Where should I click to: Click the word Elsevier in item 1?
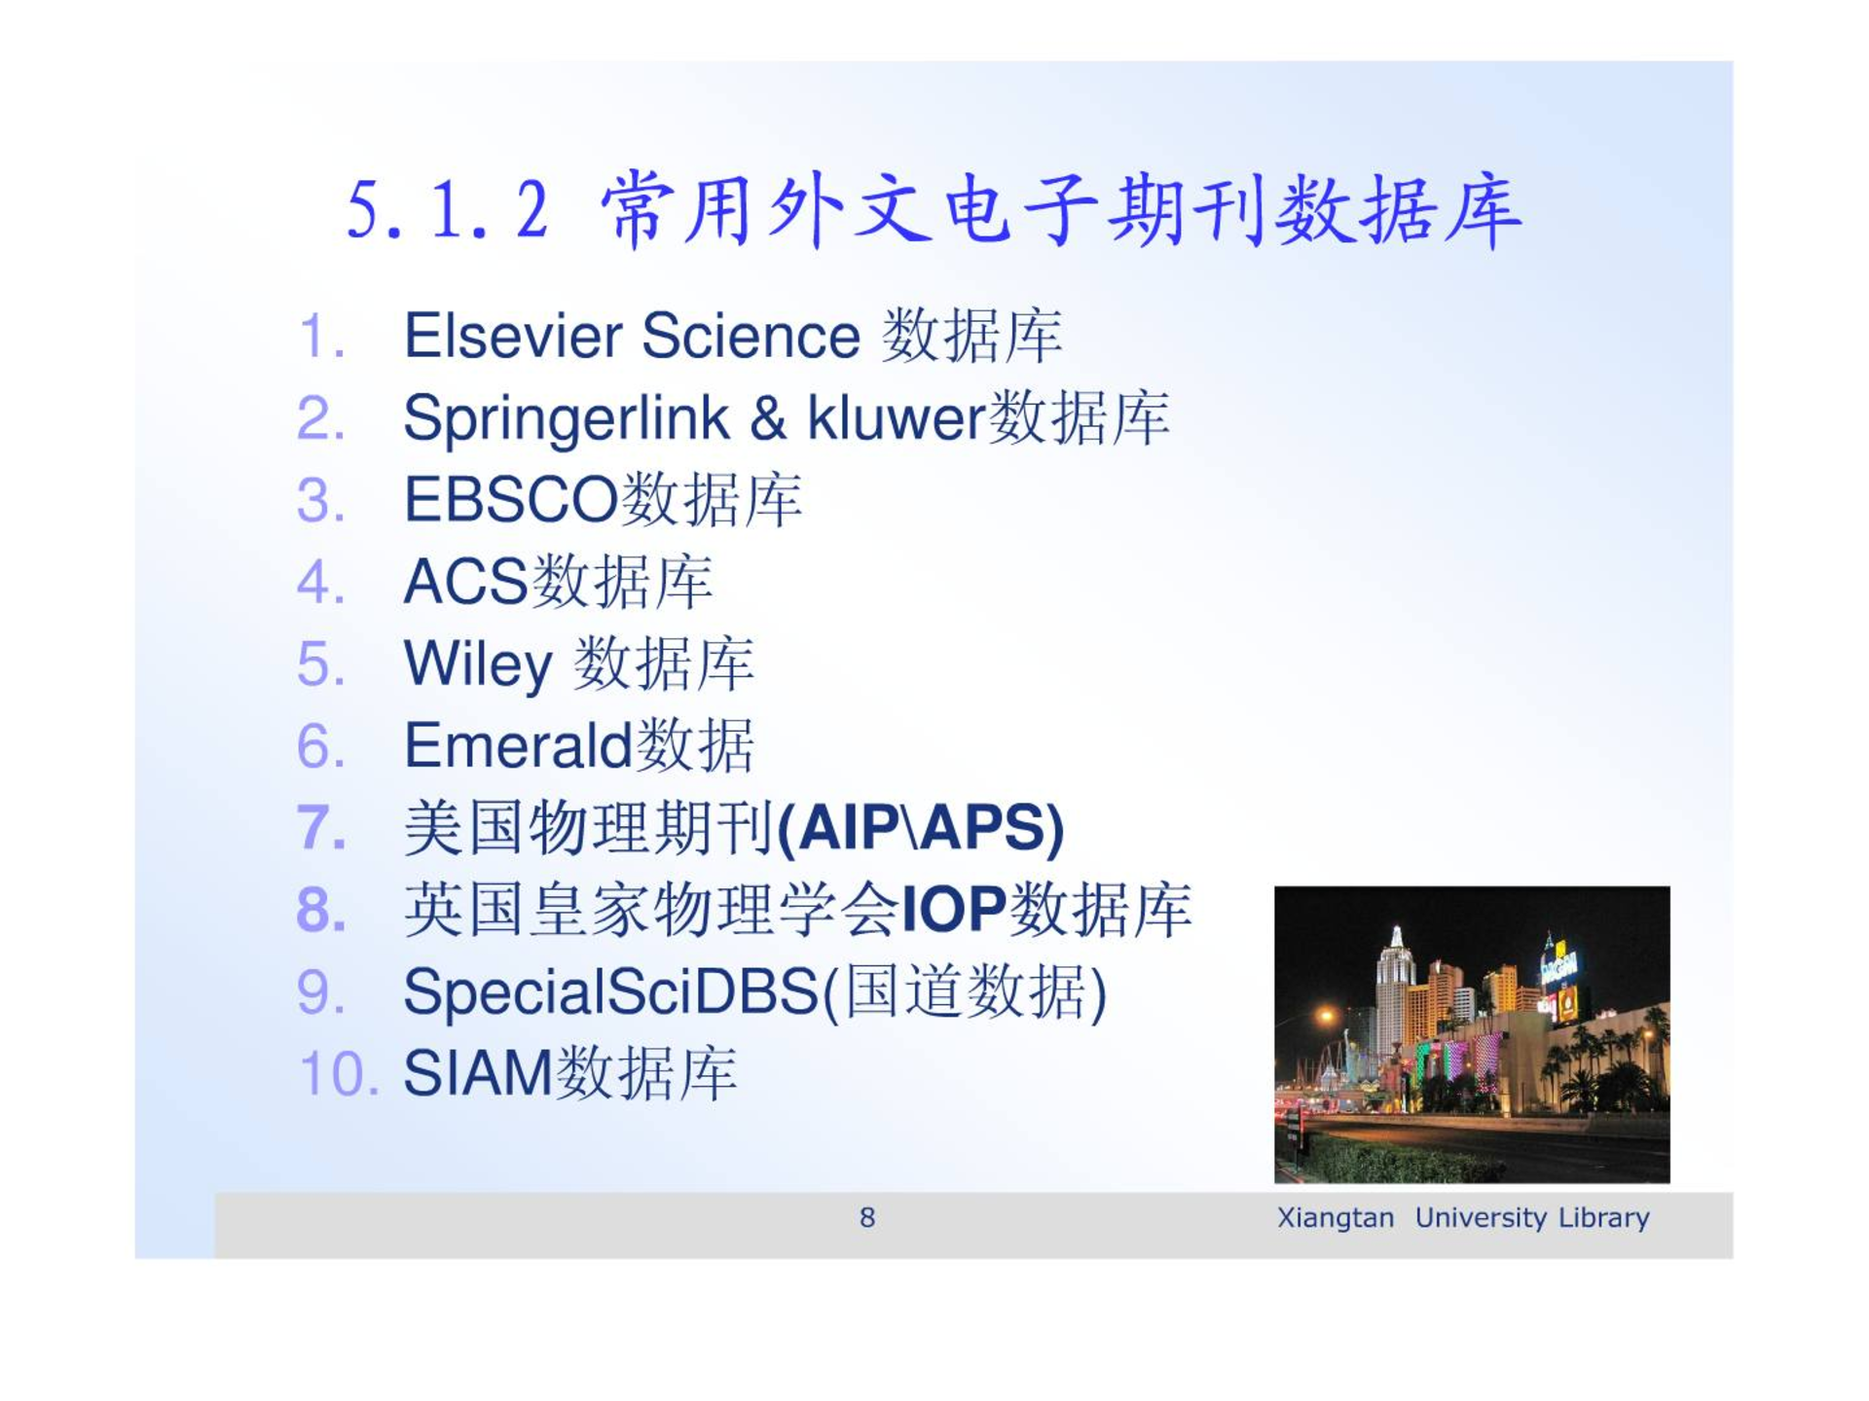513,336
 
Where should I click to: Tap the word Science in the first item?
751,336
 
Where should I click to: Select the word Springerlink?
567,420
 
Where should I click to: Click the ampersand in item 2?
768,418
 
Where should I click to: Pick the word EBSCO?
511,500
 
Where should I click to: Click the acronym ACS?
465,582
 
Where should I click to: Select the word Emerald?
519,745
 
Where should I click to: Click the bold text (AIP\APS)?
921,829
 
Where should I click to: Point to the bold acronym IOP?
954,910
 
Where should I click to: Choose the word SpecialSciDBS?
612,993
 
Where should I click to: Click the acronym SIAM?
478,1074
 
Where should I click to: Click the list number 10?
338,1074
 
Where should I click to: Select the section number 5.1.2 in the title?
448,210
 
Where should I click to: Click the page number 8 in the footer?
867,1217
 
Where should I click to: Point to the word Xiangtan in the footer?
1336,1218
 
